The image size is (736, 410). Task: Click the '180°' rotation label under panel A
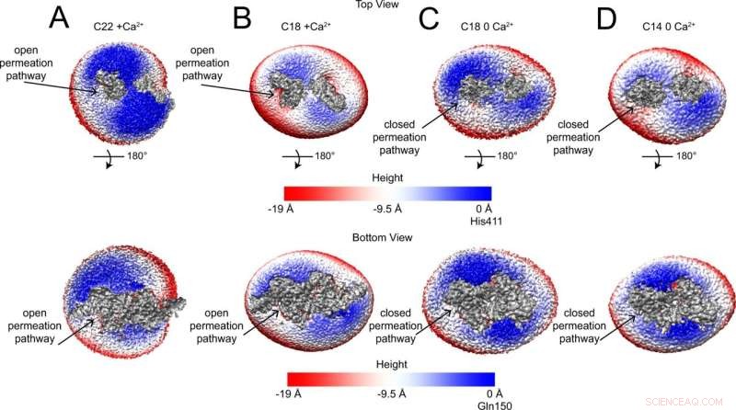point(136,156)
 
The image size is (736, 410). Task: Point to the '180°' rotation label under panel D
point(682,156)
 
